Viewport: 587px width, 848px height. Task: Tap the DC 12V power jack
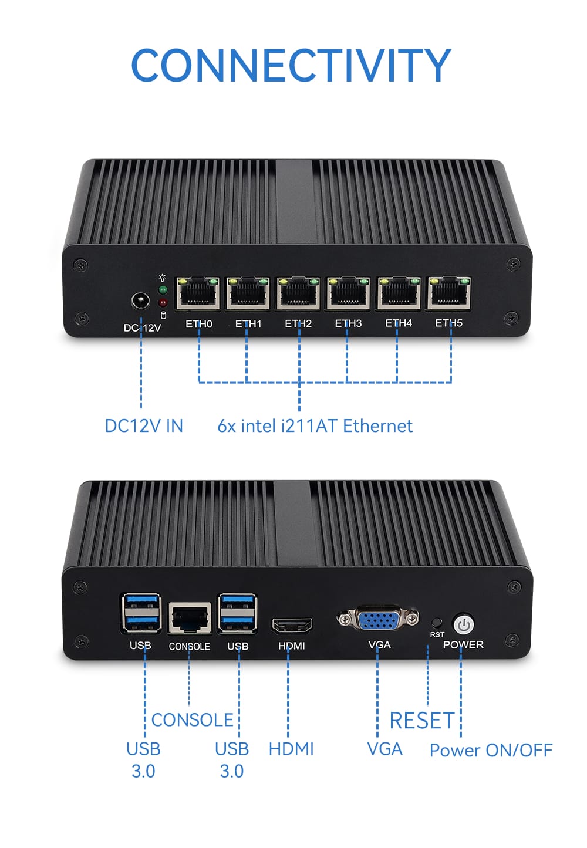(140, 302)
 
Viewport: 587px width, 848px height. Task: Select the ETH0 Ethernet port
(198, 293)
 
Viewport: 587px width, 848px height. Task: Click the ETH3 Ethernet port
(348, 293)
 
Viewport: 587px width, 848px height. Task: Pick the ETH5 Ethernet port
(449, 293)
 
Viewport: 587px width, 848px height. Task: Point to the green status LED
(163, 290)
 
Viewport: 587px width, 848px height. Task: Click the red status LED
(163, 302)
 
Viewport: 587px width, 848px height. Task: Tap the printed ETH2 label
(298, 323)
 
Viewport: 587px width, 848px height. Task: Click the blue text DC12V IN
(144, 426)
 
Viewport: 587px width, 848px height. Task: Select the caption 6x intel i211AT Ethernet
(315, 426)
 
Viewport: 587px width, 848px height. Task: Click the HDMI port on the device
(292, 626)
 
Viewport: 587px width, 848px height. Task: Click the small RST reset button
(436, 622)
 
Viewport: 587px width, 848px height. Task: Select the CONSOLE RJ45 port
(190, 619)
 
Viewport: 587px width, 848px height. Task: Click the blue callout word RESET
(421, 721)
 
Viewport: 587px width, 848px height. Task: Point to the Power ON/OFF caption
(491, 751)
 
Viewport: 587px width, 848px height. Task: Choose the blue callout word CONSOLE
(192, 720)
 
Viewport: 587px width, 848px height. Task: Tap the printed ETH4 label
(399, 323)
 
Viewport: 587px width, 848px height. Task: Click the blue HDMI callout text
(291, 749)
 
